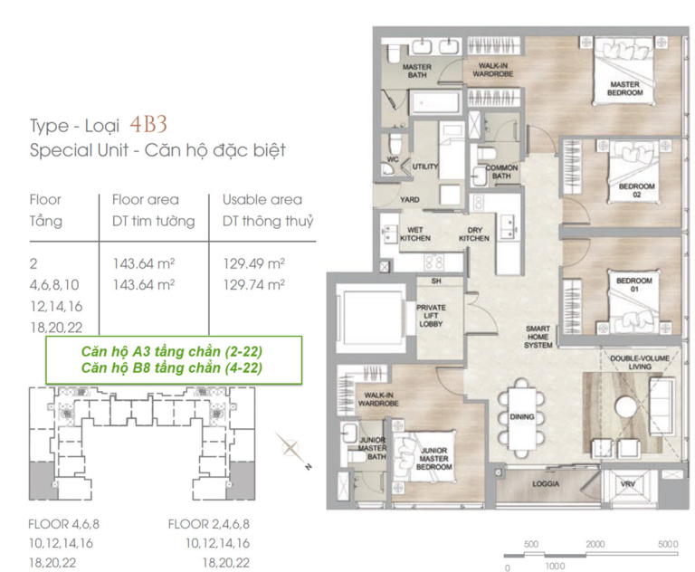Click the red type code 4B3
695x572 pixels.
click(x=148, y=125)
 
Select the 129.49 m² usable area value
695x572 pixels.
click(x=254, y=263)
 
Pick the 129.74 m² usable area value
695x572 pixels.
click(x=254, y=285)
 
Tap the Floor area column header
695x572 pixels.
click(x=146, y=199)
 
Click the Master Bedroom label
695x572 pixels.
click(x=624, y=88)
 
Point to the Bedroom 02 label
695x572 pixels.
click(x=636, y=190)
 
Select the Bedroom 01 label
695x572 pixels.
click(x=633, y=285)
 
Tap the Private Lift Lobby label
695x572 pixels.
click(x=431, y=316)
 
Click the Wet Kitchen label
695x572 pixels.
click(x=415, y=234)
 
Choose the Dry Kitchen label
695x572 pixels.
click(x=474, y=234)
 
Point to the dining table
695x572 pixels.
click(x=521, y=417)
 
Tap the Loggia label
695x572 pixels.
click(x=546, y=484)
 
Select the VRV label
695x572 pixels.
click(x=628, y=484)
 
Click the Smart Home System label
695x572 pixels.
click(x=538, y=337)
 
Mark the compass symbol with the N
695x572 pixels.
click(x=292, y=449)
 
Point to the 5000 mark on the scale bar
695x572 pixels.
click(x=668, y=544)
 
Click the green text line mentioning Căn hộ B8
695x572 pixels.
click(x=172, y=367)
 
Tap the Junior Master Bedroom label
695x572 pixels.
click(x=434, y=459)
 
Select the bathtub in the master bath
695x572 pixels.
click(x=434, y=102)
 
